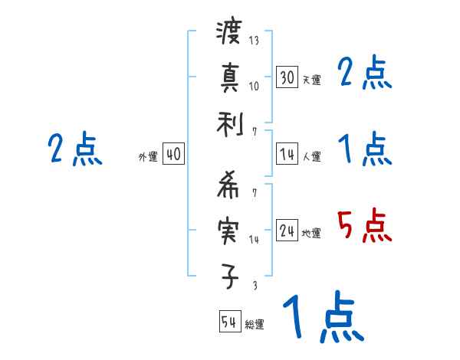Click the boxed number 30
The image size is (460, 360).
point(287,77)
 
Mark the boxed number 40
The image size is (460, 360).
point(173,155)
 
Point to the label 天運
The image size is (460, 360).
point(311,80)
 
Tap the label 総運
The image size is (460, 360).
point(255,324)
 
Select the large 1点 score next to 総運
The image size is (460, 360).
point(322,318)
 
